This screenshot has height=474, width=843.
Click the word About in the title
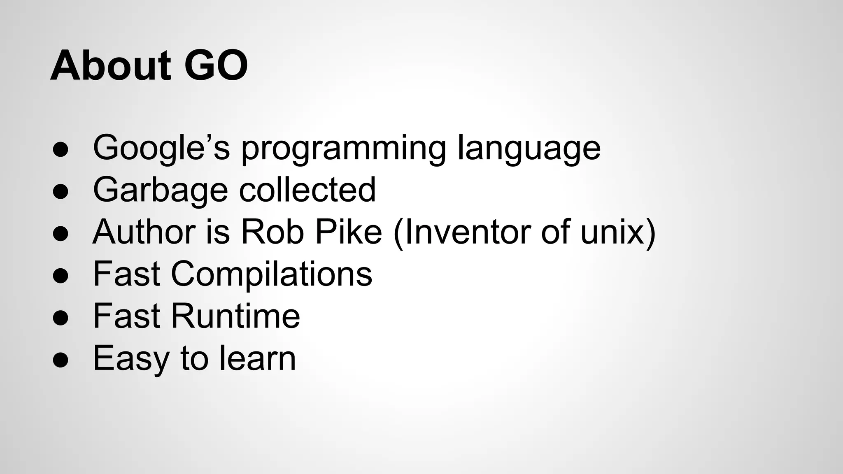(x=110, y=66)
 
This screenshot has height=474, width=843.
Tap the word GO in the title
(x=216, y=66)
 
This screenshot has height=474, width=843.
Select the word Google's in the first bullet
(x=161, y=148)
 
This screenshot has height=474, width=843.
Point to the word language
(x=529, y=149)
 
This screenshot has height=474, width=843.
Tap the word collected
(x=307, y=190)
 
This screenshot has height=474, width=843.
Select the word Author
(x=144, y=232)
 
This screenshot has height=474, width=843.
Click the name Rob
(x=272, y=232)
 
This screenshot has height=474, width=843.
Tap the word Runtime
(x=235, y=316)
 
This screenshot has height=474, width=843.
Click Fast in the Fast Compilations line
(x=126, y=274)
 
